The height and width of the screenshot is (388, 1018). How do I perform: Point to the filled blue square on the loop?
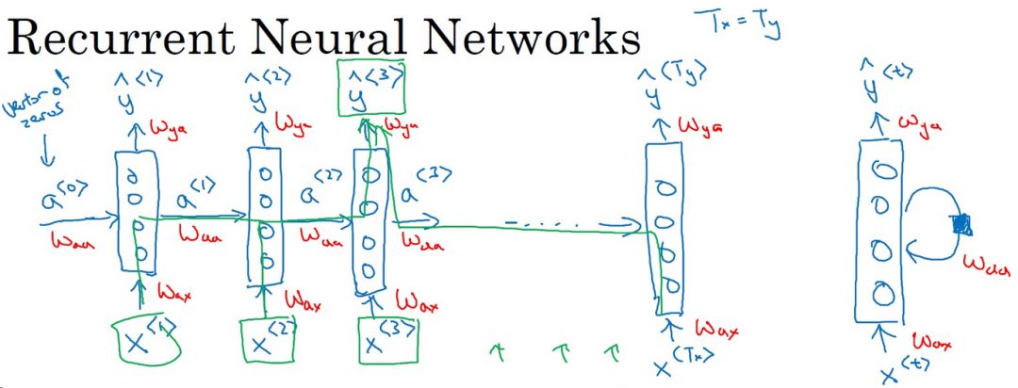click(961, 223)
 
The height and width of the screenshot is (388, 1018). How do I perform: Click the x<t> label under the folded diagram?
click(895, 369)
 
